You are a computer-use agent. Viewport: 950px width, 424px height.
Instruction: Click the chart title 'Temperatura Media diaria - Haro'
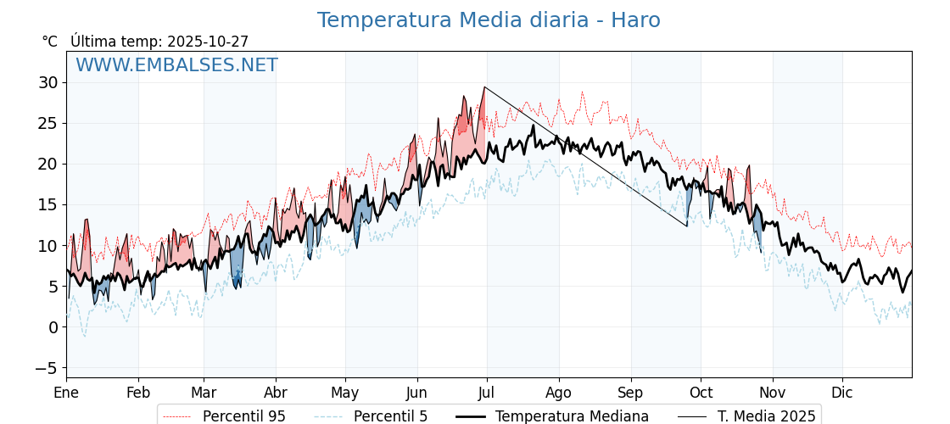click(x=489, y=20)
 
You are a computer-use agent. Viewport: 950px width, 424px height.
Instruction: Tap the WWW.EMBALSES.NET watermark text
click(x=176, y=65)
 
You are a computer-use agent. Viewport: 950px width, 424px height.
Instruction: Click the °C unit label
click(x=49, y=42)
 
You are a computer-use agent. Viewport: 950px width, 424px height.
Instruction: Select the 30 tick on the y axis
click(x=47, y=82)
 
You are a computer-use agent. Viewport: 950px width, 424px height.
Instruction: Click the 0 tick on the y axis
click(x=53, y=327)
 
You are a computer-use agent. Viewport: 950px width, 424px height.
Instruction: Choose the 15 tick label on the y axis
click(x=47, y=204)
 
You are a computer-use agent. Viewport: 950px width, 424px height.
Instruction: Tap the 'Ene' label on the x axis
click(x=66, y=393)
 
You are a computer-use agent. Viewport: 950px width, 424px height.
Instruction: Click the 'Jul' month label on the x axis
click(x=486, y=393)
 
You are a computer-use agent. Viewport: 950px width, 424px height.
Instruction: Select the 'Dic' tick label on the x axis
click(x=842, y=393)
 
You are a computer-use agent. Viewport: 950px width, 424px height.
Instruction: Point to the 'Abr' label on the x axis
click(x=275, y=393)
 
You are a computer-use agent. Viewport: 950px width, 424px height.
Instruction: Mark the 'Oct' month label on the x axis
click(x=701, y=393)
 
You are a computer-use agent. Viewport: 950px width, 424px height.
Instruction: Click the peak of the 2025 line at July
click(x=484, y=87)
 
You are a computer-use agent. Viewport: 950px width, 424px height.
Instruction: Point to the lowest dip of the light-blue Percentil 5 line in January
click(x=84, y=337)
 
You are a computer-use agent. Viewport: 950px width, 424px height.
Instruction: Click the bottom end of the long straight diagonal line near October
click(x=687, y=226)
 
